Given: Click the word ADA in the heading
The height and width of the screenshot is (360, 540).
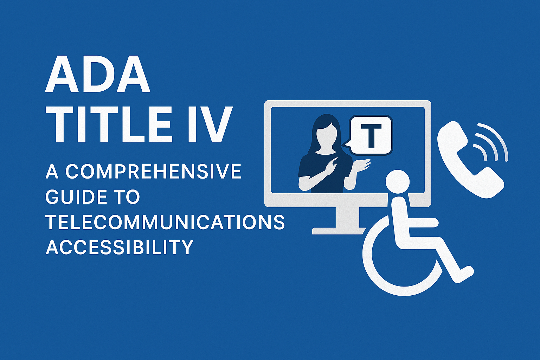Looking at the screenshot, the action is point(98,75).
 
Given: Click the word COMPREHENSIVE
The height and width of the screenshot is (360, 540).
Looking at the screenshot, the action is point(153,172).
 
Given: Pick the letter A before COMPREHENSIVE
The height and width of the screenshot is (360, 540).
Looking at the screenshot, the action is point(52,172).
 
